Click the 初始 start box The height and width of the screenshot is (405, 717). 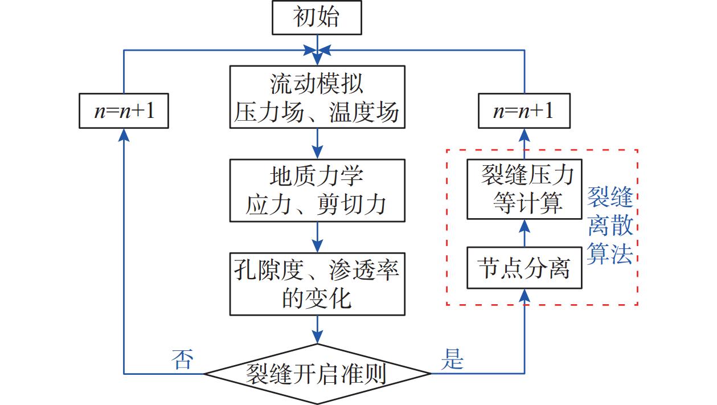(x=316, y=18)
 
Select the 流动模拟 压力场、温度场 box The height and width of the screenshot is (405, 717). (x=317, y=97)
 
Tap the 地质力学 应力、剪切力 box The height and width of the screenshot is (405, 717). (x=317, y=190)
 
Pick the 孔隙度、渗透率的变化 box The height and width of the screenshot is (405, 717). (x=317, y=284)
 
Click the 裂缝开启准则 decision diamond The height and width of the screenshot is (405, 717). (x=317, y=374)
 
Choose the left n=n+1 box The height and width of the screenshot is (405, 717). (x=124, y=112)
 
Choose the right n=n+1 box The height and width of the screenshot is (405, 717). (x=523, y=112)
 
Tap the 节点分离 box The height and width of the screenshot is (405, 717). (x=523, y=268)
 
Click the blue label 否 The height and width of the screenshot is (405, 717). (x=183, y=361)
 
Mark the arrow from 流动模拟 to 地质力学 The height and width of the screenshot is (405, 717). (x=317, y=144)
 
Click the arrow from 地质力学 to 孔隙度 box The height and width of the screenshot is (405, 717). (x=317, y=237)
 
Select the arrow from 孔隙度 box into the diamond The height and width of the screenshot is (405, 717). (x=317, y=329)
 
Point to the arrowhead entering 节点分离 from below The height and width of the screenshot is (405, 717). (x=523, y=294)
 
